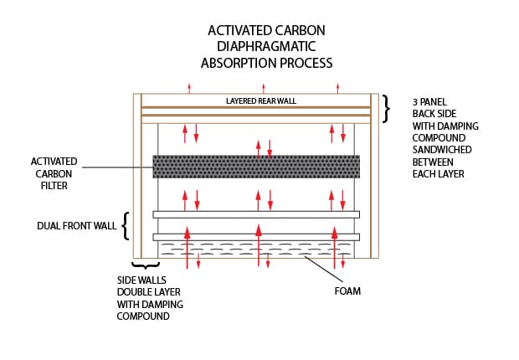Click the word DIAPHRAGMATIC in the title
[265, 47]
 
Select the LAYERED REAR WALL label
[261, 101]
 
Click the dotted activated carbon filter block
[256, 167]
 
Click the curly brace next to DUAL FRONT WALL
[126, 226]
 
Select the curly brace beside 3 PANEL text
[387, 109]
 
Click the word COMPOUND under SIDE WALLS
[142, 316]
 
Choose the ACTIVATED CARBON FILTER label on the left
[54, 173]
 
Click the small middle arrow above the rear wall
[264, 87]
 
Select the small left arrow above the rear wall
[189, 87]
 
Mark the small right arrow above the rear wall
[337, 87]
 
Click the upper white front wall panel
[256, 214]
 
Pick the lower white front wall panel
[256, 237]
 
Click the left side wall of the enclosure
[137, 176]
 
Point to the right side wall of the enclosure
[375, 176]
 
